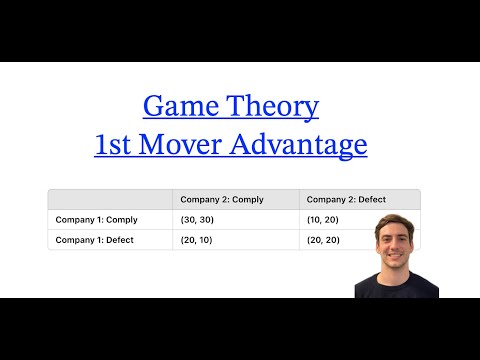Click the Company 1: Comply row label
tap(97, 219)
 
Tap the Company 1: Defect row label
tap(96, 240)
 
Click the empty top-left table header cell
tap(110, 199)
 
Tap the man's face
tap(396, 245)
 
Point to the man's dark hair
tap(396, 221)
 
